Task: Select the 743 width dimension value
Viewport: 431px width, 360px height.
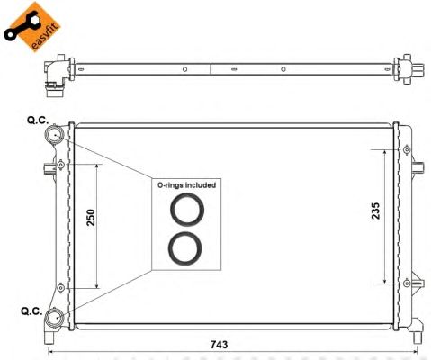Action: (x=219, y=345)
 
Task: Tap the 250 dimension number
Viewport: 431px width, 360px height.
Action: (x=91, y=218)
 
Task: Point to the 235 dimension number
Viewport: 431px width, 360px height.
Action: (x=375, y=211)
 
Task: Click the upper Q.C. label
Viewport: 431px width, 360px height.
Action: (x=38, y=121)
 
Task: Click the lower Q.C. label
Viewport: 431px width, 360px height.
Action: (x=31, y=311)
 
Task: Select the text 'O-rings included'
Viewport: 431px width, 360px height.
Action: (x=186, y=185)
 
